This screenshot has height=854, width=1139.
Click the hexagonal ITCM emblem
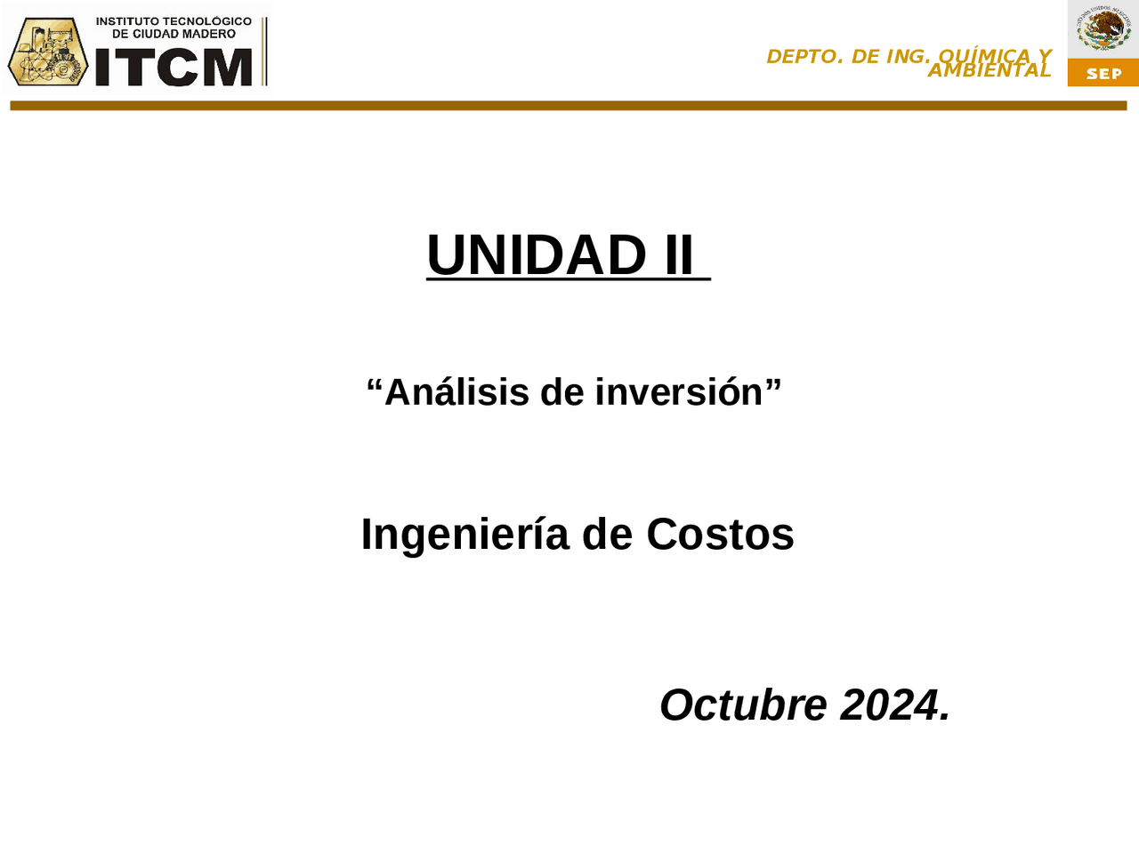tap(48, 52)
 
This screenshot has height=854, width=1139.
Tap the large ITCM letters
tap(174, 68)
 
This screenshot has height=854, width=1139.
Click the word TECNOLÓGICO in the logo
tap(207, 21)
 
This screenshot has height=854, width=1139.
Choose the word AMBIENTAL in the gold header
tap(990, 70)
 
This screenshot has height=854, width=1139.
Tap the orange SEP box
tap(1103, 73)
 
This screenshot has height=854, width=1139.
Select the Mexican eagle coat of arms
tap(1103, 28)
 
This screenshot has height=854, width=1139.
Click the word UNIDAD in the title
tap(537, 255)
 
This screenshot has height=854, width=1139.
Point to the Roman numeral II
tap(679, 255)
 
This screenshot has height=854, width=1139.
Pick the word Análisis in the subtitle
tap(456, 392)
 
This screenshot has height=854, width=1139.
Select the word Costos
tap(720, 535)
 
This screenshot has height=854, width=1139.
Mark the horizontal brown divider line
tap(569, 106)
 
